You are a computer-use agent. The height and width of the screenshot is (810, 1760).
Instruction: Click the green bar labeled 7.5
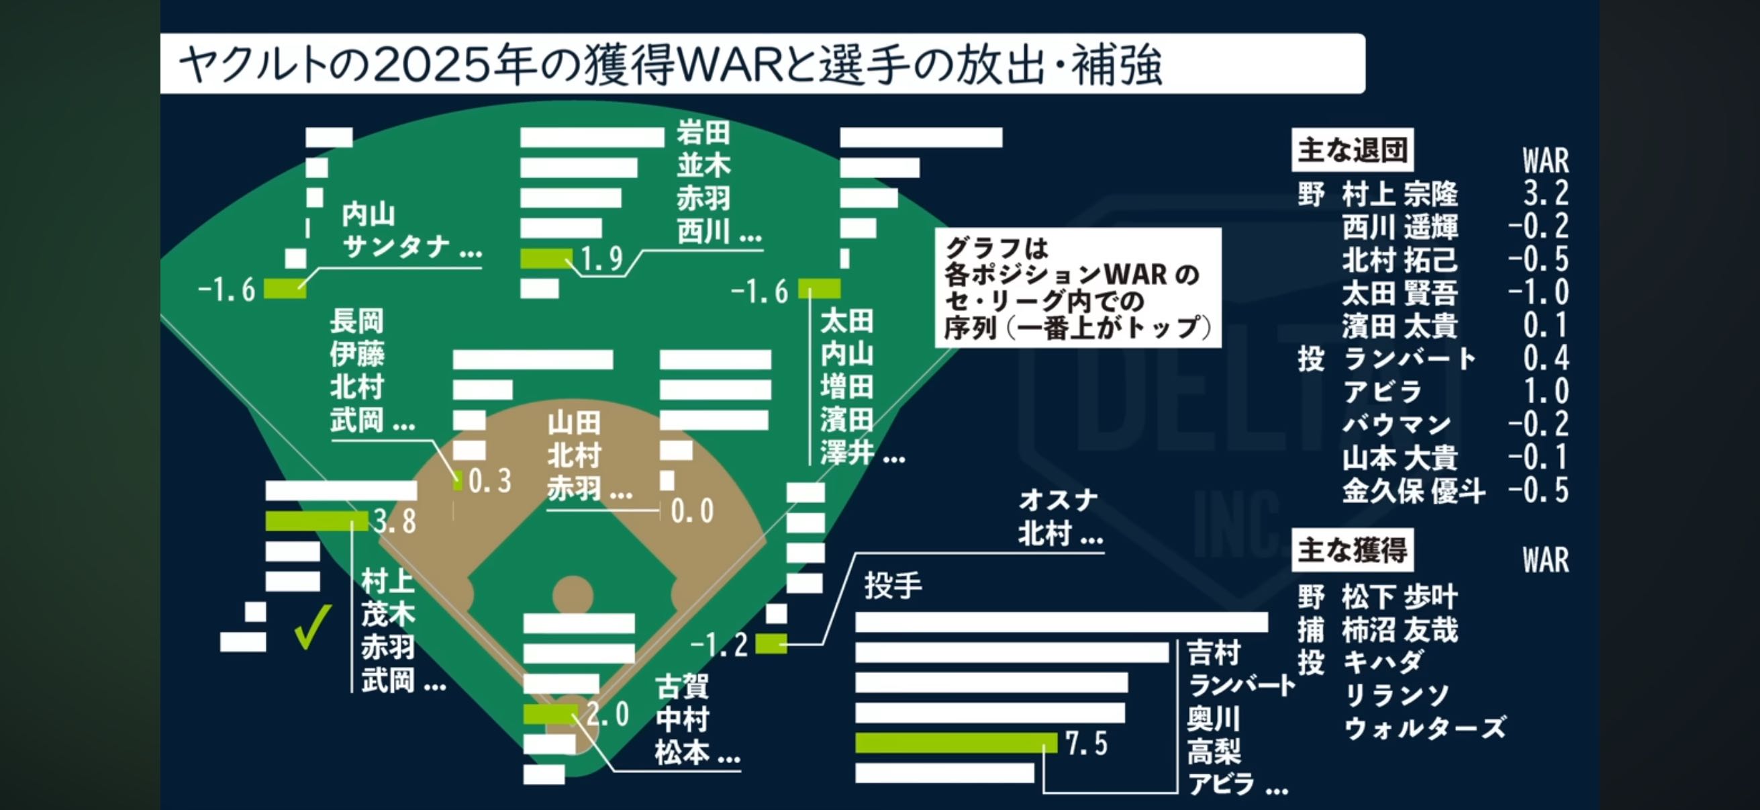coord(955,743)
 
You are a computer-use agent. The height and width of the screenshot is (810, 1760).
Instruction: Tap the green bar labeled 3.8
coord(315,522)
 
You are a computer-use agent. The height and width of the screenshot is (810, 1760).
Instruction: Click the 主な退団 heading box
coord(1351,150)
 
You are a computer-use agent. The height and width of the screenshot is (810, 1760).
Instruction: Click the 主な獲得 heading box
coord(1351,549)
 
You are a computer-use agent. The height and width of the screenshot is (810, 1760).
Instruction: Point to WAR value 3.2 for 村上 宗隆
coord(1545,194)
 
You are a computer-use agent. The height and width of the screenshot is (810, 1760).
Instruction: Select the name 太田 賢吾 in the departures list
coord(1400,294)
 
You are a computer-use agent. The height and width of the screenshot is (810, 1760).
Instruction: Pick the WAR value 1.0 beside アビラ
coord(1545,392)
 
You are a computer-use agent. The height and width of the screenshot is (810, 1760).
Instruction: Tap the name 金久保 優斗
coord(1413,491)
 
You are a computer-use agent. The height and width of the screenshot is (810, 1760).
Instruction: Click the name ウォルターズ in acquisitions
coord(1424,728)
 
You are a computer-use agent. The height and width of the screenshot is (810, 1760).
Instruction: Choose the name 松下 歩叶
coord(1400,596)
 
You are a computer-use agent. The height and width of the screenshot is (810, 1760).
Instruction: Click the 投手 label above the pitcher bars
coord(893,586)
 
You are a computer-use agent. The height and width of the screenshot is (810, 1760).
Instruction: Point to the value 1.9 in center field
coord(601,259)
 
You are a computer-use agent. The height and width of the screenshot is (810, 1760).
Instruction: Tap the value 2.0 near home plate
coord(607,715)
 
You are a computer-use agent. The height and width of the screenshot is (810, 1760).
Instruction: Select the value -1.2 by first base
coord(719,645)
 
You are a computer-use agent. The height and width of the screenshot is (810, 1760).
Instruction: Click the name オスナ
coord(1058,500)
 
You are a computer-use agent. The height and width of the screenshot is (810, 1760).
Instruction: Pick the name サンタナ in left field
coord(396,246)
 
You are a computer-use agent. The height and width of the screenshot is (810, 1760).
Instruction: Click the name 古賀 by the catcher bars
coord(682,687)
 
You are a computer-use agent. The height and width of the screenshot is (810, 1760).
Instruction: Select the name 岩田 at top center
coord(703,132)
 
